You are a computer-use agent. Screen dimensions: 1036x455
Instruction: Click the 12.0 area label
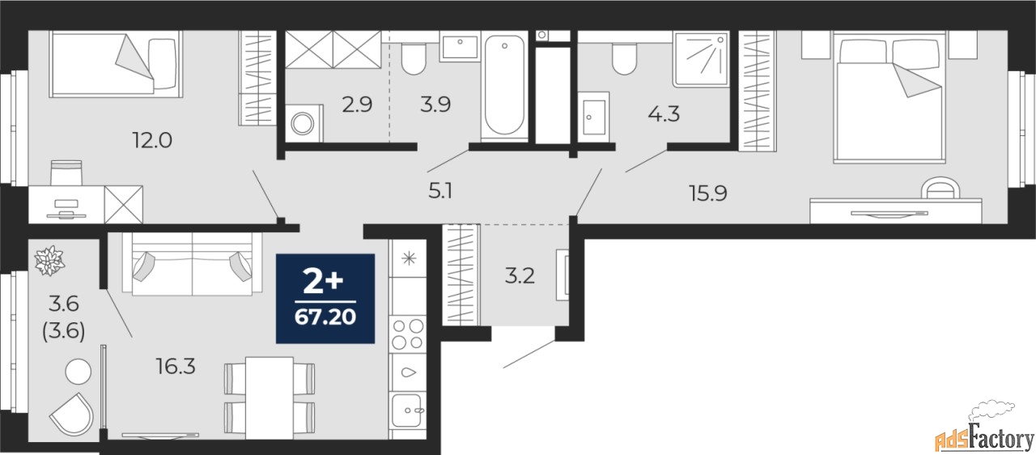pos(152,139)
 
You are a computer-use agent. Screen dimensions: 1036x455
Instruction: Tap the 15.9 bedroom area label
pos(708,193)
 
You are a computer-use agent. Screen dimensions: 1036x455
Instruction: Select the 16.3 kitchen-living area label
pos(176,366)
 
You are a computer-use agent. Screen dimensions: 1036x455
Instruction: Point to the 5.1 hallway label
pos(439,190)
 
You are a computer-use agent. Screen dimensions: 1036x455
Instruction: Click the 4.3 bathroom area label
pos(664,113)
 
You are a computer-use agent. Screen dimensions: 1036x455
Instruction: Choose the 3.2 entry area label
pos(520,276)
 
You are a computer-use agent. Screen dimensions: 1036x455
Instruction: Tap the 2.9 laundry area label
pos(357,104)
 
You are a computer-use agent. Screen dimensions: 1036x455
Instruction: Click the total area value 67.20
pos(325,317)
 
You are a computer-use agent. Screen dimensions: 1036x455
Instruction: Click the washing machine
pos(304,123)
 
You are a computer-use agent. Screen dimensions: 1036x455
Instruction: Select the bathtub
pos(504,86)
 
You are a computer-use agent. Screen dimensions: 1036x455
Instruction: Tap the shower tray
pos(701,59)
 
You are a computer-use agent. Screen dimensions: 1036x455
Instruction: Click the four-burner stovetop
pos(407,334)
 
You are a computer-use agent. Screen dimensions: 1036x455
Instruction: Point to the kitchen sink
pos(407,410)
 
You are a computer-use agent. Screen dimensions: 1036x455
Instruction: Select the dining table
pos(270,398)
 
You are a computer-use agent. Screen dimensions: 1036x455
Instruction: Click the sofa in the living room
pos(192,263)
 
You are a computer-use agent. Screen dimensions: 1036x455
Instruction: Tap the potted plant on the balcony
pos(49,261)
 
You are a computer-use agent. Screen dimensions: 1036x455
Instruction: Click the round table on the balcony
pos(79,372)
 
